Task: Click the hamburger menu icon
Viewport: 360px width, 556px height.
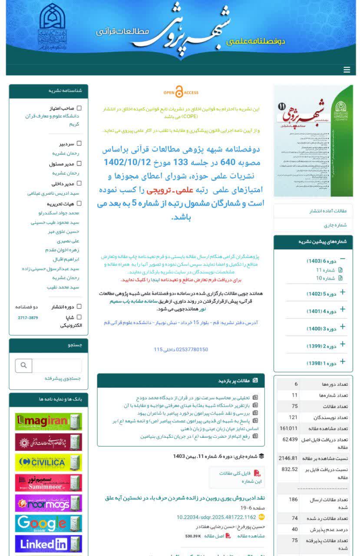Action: tap(347, 70)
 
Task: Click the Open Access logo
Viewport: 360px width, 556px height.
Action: tap(181, 92)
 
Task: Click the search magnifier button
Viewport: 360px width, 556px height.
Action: tap(24, 365)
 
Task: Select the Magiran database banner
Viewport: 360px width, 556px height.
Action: tap(48, 422)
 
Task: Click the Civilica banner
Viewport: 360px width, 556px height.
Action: tap(48, 463)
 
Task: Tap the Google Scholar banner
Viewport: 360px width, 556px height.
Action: tap(48, 523)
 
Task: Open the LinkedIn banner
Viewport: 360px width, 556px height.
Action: tap(48, 543)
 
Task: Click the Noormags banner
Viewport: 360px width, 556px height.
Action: tap(48, 503)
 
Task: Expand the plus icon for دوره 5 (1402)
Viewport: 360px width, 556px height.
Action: tap(343, 292)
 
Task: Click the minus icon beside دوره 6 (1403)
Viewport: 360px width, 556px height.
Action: tap(343, 259)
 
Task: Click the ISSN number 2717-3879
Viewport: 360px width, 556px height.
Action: tap(28, 318)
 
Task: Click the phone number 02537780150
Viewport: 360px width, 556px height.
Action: tap(181, 349)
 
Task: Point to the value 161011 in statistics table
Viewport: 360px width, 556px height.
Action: tap(288, 428)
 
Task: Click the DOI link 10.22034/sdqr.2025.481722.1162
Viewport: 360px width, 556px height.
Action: tap(216, 517)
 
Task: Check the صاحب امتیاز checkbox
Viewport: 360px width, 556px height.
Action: tap(79, 108)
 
